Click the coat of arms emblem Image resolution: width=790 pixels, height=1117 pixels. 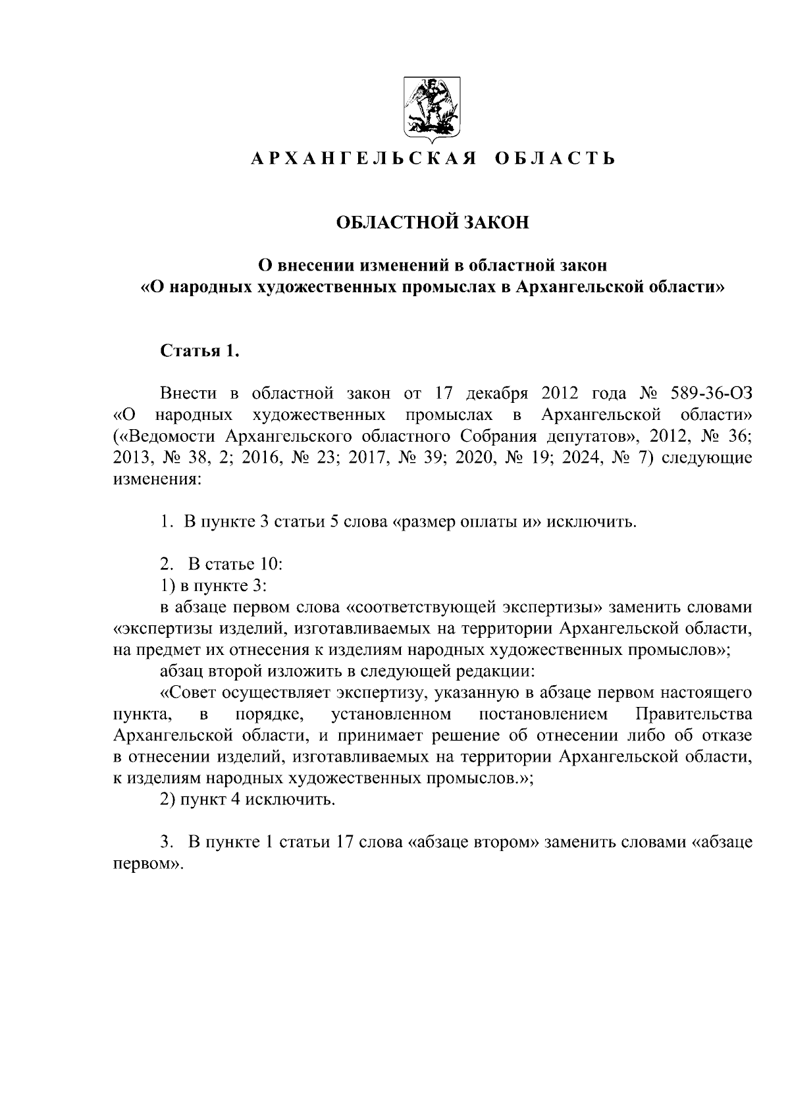tap(431, 109)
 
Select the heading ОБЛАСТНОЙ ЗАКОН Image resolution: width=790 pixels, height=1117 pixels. tap(433, 222)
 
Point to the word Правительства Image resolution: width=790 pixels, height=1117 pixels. tap(693, 714)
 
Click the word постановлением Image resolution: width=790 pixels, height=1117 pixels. tap(543, 714)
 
